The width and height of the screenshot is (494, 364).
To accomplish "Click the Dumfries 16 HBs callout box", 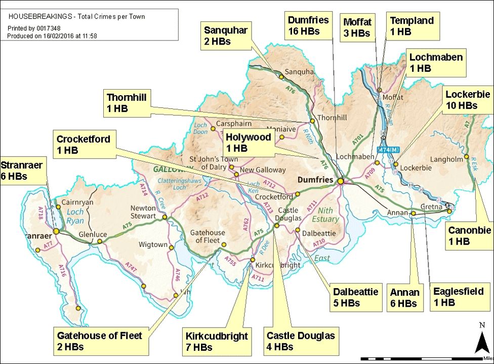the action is pos(308,26).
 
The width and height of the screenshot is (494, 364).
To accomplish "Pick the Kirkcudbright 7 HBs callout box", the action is pos(217,341).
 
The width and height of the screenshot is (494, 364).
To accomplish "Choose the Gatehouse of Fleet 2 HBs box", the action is pos(100,341).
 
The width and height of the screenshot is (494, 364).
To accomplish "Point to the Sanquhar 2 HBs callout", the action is pos(225,35).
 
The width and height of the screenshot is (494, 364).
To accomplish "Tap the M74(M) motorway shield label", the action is pos(388,149).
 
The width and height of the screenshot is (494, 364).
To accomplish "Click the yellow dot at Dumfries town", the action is pos(341,181).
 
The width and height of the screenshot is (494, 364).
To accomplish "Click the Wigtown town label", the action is pos(152,245).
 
